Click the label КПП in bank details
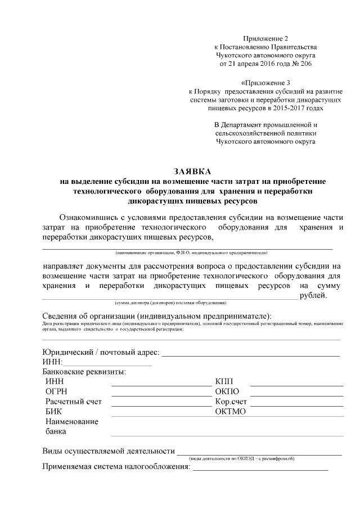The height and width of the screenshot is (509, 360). coord(224,382)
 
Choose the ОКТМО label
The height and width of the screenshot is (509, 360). coord(231,412)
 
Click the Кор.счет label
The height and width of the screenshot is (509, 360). coord(231,402)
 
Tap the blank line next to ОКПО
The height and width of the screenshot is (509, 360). coord(296,395)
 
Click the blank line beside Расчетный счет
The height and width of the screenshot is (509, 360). coord(161,405)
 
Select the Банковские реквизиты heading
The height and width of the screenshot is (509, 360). coord(84,372)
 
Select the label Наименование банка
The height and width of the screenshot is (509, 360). coord(71,427)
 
